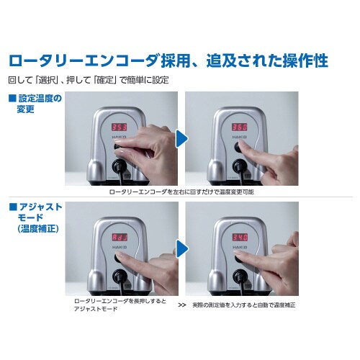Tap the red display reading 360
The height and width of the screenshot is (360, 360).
pyautogui.click(x=239, y=127)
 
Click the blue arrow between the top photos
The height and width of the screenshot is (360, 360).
pyautogui.click(x=181, y=138)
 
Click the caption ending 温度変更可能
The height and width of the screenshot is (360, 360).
pyautogui.click(x=181, y=192)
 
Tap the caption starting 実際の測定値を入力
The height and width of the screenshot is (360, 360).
pyautogui.click(x=244, y=305)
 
